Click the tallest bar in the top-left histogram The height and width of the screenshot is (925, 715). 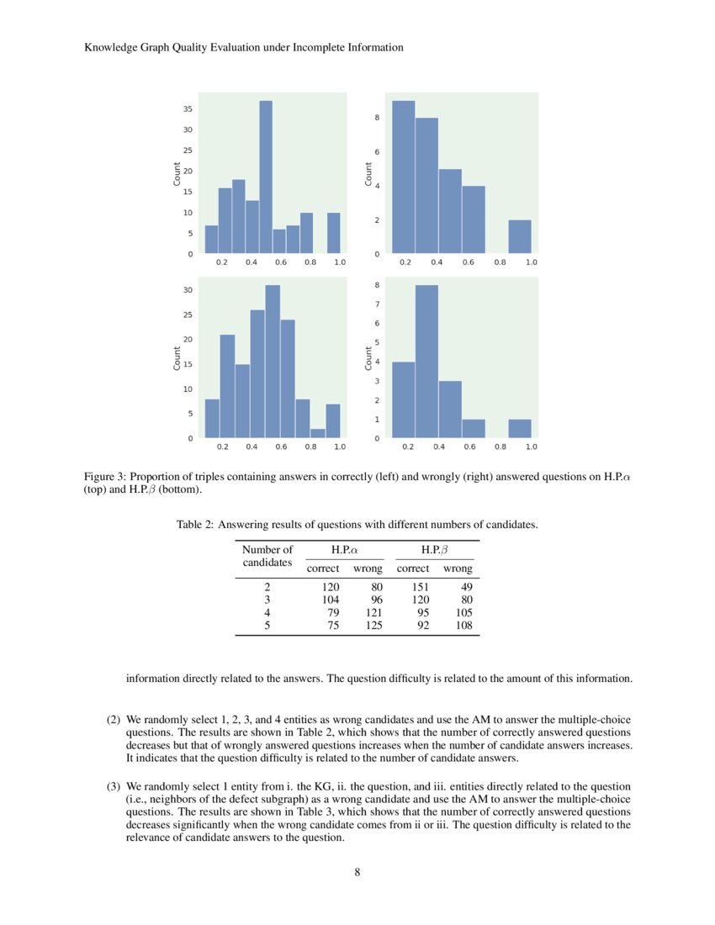point(266,177)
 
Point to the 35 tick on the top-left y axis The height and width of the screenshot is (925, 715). point(187,109)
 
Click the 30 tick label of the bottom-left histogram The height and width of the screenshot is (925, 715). point(188,291)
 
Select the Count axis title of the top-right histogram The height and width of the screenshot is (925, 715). point(368,174)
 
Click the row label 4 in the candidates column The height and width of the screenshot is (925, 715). point(267,612)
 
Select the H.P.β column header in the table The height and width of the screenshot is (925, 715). point(433,549)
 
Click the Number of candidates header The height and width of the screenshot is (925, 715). point(267,555)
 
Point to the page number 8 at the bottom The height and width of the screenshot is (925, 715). point(357,872)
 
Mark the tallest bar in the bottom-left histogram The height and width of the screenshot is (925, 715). point(273,362)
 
